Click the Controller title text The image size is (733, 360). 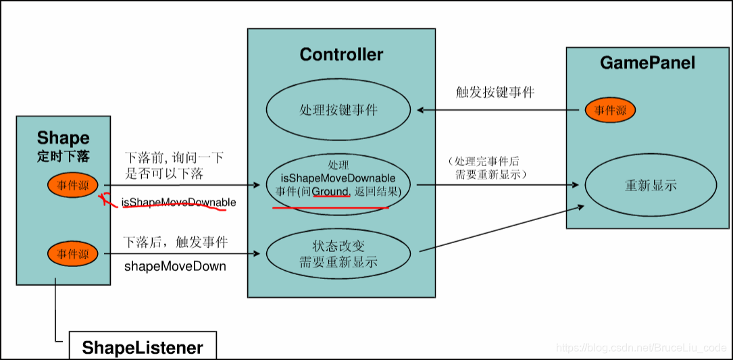coord(341,55)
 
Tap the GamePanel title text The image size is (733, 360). coord(647,63)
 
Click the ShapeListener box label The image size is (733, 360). coord(143,348)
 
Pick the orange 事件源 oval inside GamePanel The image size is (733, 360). coord(610,111)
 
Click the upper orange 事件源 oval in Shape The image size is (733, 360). coord(73,185)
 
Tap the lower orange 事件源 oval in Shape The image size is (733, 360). coord(73,254)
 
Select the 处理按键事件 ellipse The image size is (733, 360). coord(338,110)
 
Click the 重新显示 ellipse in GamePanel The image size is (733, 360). coord(651,186)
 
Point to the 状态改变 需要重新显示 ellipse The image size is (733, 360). coord(338,254)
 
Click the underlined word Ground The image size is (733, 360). coord(331,192)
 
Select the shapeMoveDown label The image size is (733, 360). coord(175,266)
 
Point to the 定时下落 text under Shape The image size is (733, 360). coord(63,156)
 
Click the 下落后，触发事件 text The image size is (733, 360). coord(176,242)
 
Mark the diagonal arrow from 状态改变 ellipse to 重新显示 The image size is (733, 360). coord(500,230)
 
